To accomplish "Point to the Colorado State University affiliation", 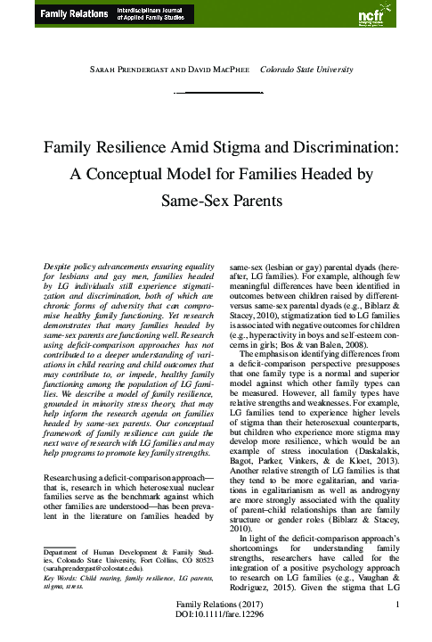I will point(306,70).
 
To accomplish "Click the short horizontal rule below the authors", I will point(216,93).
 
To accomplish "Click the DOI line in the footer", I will point(216,629).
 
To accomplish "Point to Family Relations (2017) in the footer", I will point(216,616).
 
